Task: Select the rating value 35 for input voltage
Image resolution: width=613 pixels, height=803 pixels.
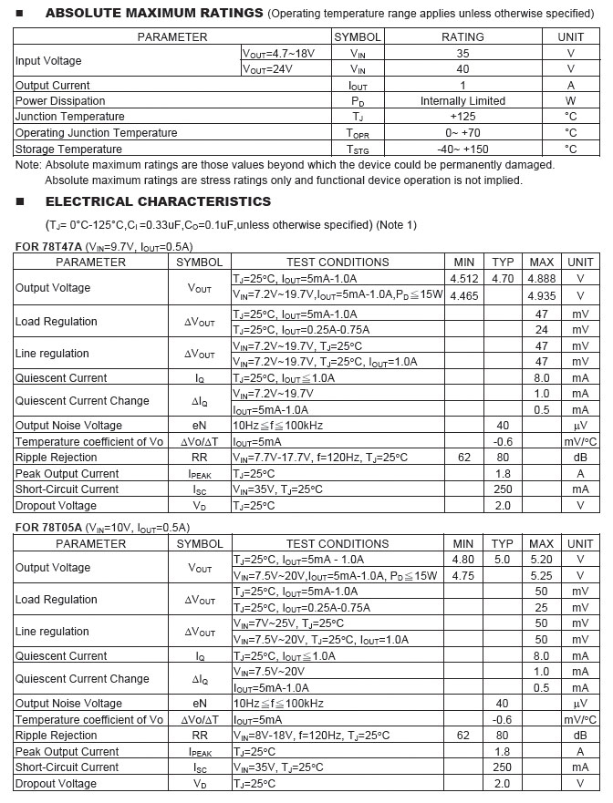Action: click(462, 53)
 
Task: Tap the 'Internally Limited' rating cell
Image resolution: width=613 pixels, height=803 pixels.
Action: click(462, 101)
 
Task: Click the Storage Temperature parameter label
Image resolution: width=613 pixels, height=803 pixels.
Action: click(68, 149)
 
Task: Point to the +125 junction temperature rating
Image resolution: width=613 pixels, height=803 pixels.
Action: click(462, 117)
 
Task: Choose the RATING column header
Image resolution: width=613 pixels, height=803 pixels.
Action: click(462, 37)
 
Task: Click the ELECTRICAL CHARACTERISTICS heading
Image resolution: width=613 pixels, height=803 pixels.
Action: click(158, 201)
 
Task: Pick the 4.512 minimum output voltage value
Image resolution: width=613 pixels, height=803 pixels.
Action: click(463, 279)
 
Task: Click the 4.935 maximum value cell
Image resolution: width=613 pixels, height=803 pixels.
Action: click(541, 296)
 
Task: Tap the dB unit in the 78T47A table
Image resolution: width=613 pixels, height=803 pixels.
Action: click(580, 458)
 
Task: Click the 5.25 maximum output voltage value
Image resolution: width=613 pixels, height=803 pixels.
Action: click(541, 576)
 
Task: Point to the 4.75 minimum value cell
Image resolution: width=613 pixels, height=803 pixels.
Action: click(463, 576)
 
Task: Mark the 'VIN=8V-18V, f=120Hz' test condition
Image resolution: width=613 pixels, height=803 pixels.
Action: click(311, 736)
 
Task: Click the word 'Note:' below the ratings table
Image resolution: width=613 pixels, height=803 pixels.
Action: click(28, 165)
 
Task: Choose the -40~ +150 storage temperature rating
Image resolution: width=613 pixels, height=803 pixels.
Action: click(462, 149)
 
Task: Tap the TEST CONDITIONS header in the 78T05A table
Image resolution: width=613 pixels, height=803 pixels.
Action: click(338, 544)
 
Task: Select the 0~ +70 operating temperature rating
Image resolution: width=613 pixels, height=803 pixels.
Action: click(462, 133)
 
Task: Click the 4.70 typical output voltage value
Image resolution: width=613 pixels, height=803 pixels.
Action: click(503, 279)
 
